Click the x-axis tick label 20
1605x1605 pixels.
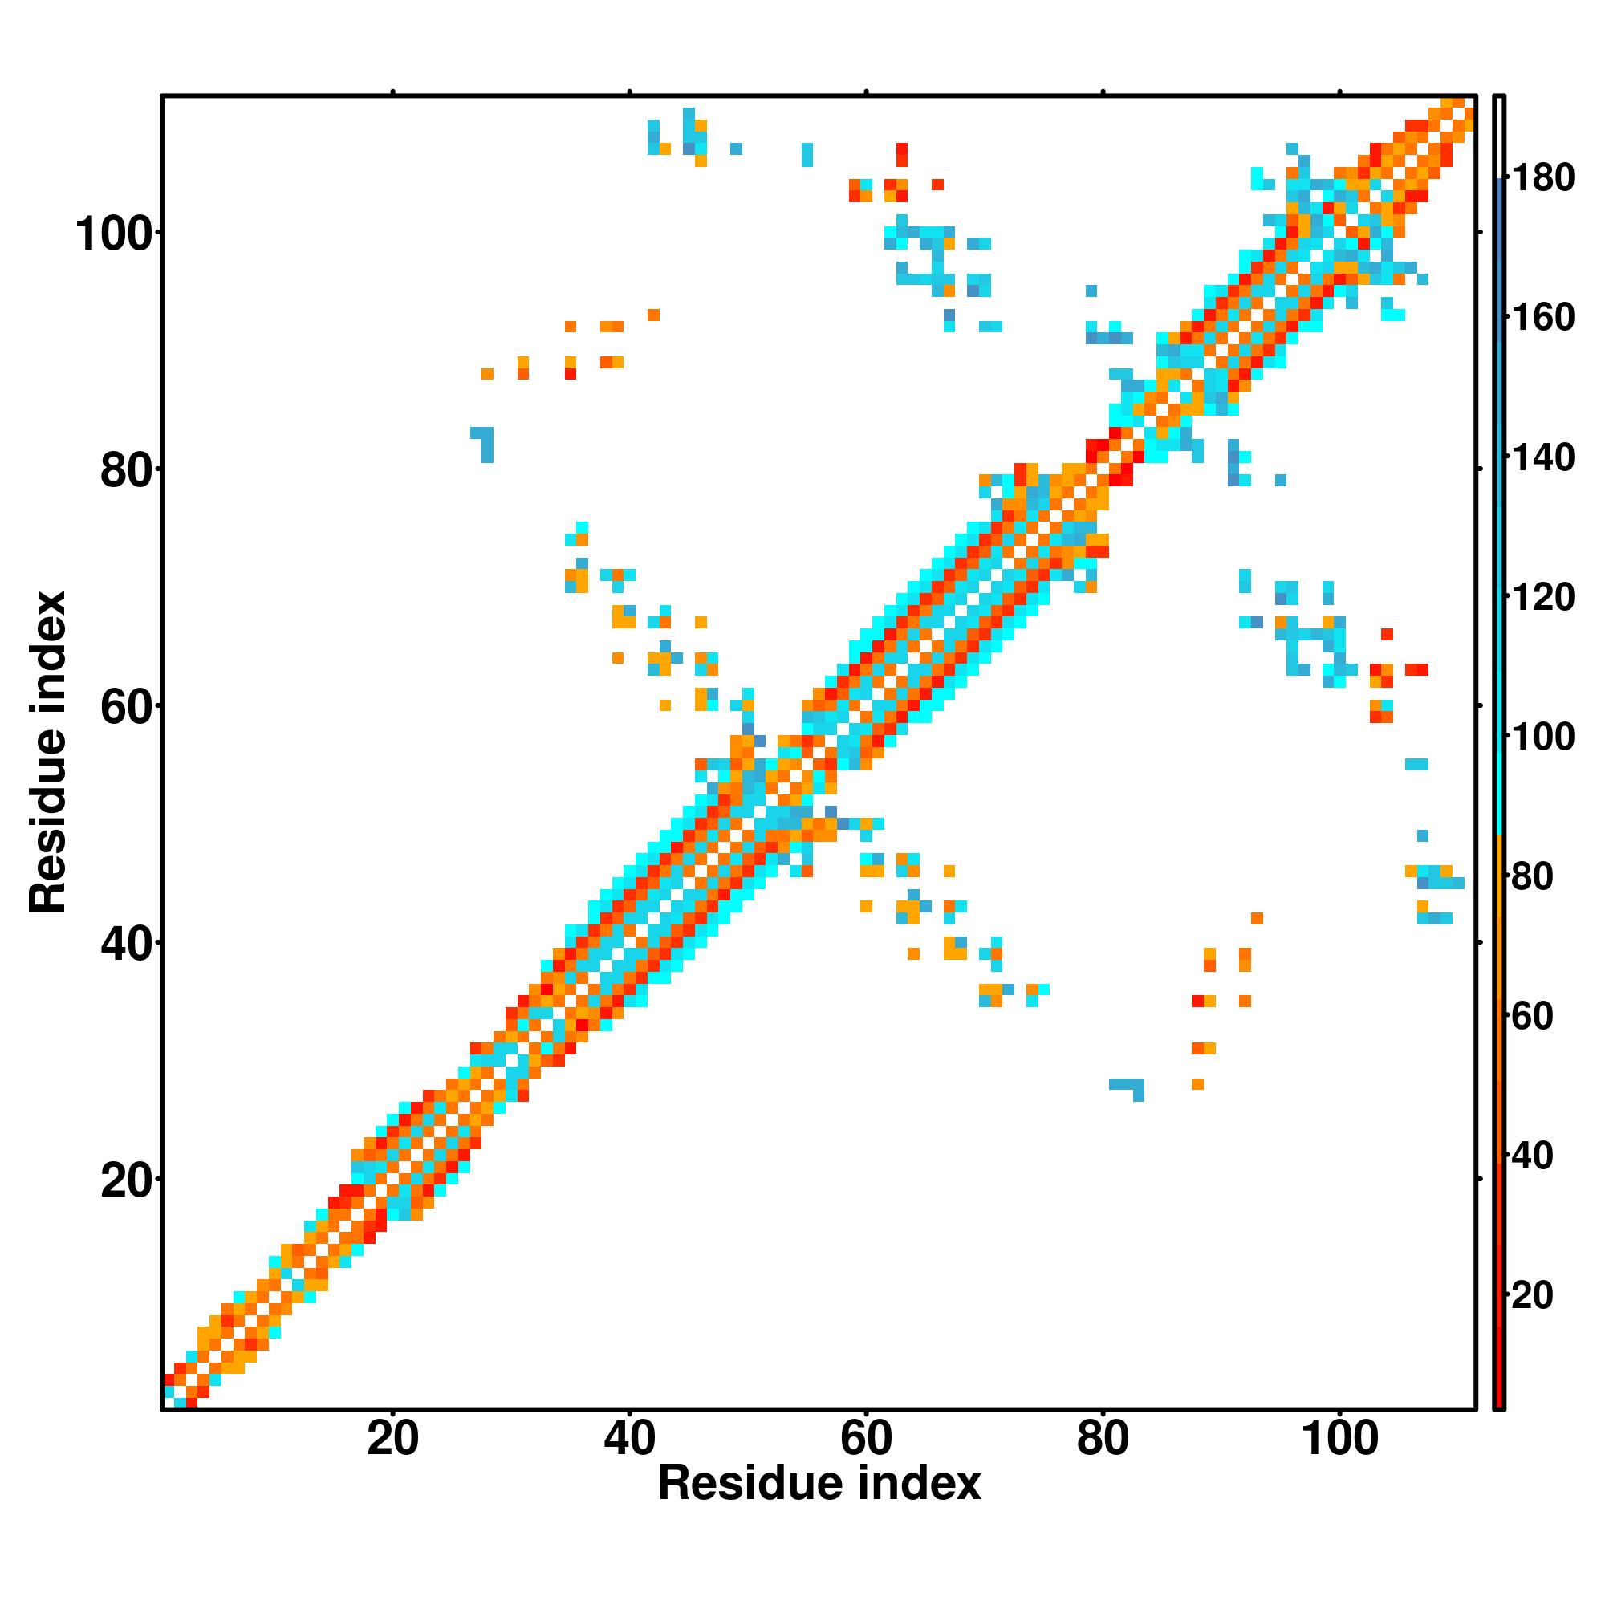(392, 1438)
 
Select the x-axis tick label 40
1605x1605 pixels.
(629, 1438)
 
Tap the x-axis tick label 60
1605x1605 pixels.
(866, 1438)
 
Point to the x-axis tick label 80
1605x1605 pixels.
(1103, 1438)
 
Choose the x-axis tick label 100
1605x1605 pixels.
(1339, 1438)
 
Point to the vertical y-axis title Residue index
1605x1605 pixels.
(48, 752)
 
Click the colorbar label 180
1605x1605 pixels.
(1542, 178)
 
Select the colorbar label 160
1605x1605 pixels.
(1542, 317)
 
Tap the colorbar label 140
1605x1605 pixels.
(1542, 457)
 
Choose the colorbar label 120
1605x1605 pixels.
(1542, 597)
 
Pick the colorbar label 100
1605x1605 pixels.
(1542, 737)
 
